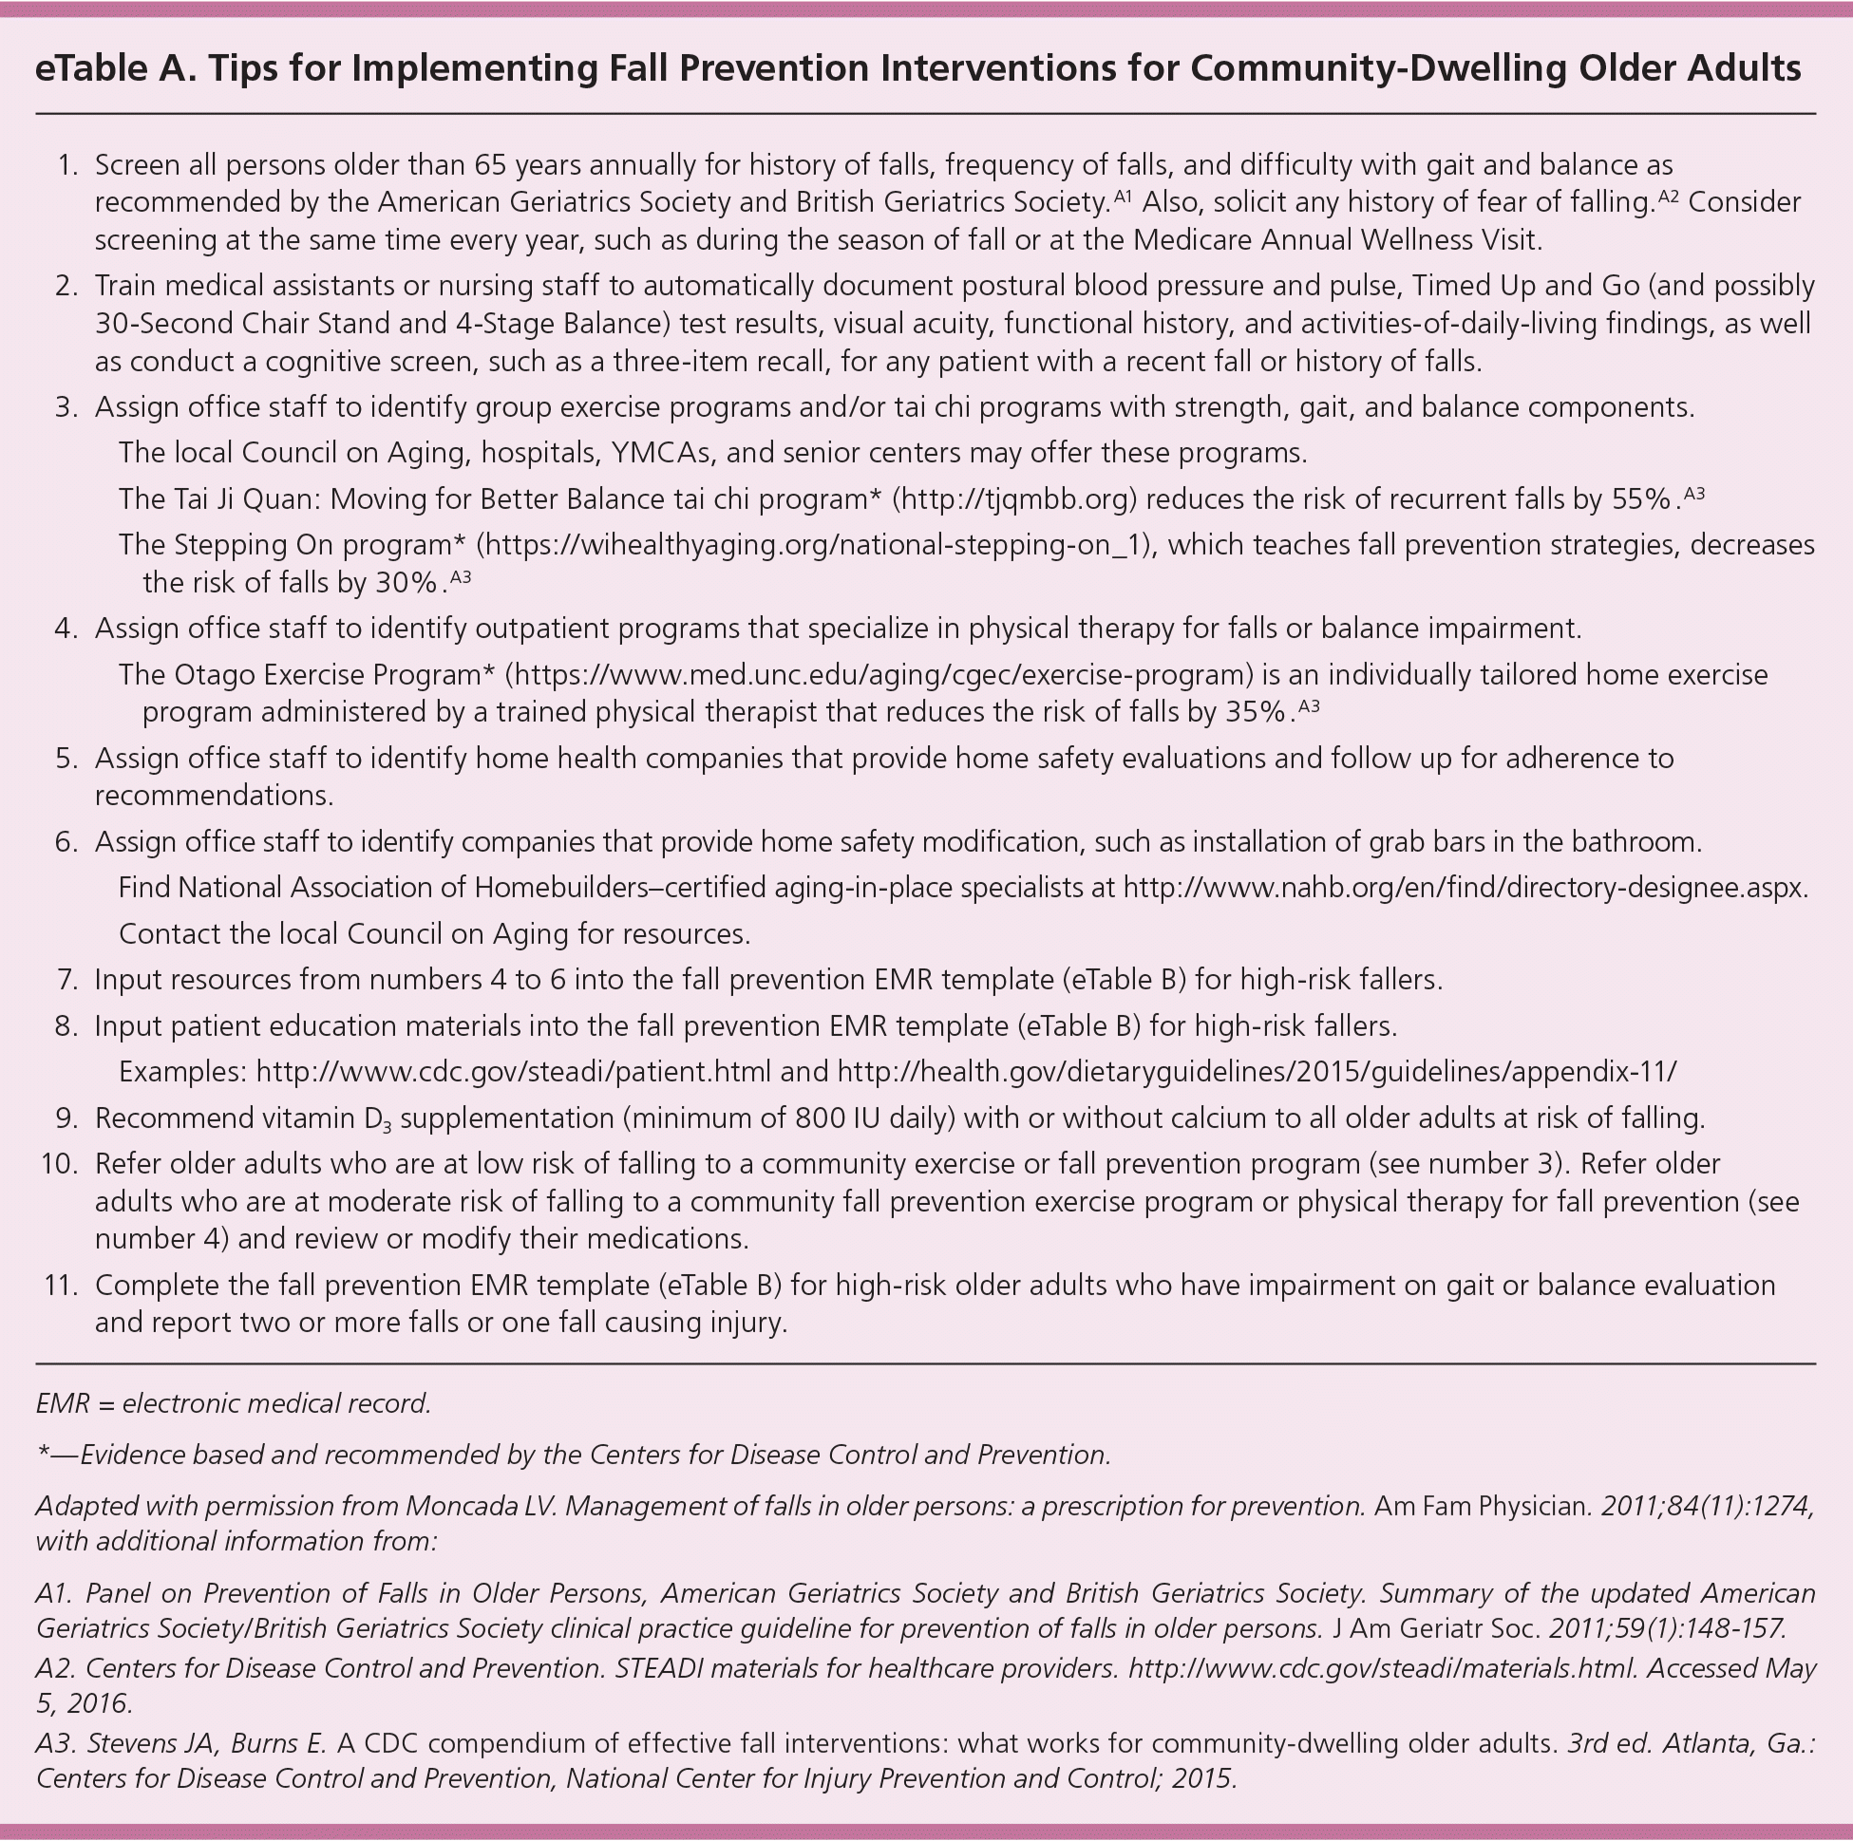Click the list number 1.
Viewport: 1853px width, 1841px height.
[66, 165]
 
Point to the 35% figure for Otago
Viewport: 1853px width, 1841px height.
[1254, 712]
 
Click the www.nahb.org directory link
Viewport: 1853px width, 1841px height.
[1465, 888]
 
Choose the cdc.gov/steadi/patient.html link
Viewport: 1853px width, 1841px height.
[513, 1071]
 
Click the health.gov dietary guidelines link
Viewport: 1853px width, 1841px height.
[1257, 1071]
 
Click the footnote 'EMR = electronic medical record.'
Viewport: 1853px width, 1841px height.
[233, 1403]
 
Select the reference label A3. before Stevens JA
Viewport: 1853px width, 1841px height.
[57, 1743]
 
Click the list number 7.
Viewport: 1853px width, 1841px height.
[66, 980]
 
